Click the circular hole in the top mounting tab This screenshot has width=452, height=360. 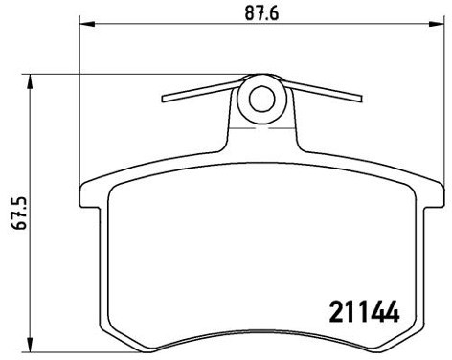tap(261, 97)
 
